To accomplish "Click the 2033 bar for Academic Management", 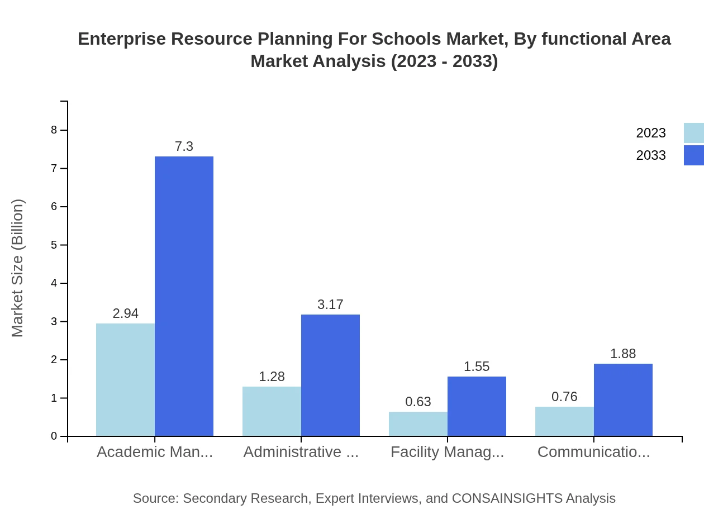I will (184, 296).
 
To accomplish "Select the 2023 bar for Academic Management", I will (125, 379).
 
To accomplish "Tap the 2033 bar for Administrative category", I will (330, 375).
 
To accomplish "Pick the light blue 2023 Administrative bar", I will (272, 411).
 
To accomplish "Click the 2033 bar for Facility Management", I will (477, 406).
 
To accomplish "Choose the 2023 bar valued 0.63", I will (418, 423).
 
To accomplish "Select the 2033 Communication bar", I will (623, 399).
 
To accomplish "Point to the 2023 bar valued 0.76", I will (564, 421).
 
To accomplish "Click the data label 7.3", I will (184, 146).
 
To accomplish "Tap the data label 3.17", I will (330, 304).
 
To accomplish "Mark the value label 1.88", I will (623, 354).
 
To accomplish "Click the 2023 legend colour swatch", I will (693, 133).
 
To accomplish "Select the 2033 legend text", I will (651, 155).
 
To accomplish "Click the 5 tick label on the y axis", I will (54, 245).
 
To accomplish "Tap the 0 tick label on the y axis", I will (54, 436).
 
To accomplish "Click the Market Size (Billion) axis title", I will (18, 268).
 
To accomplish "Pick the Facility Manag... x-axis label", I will (447, 452).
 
